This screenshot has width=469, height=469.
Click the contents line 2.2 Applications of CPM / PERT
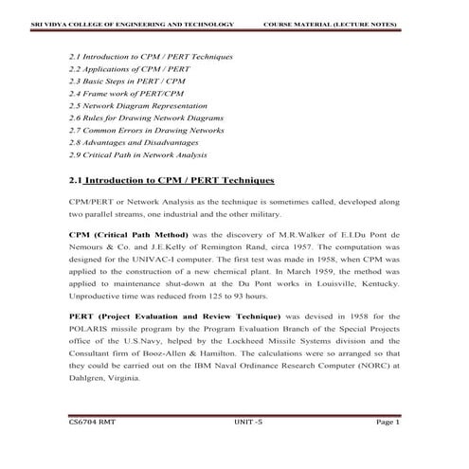tap(130, 70)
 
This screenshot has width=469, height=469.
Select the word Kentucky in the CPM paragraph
tap(377, 282)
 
